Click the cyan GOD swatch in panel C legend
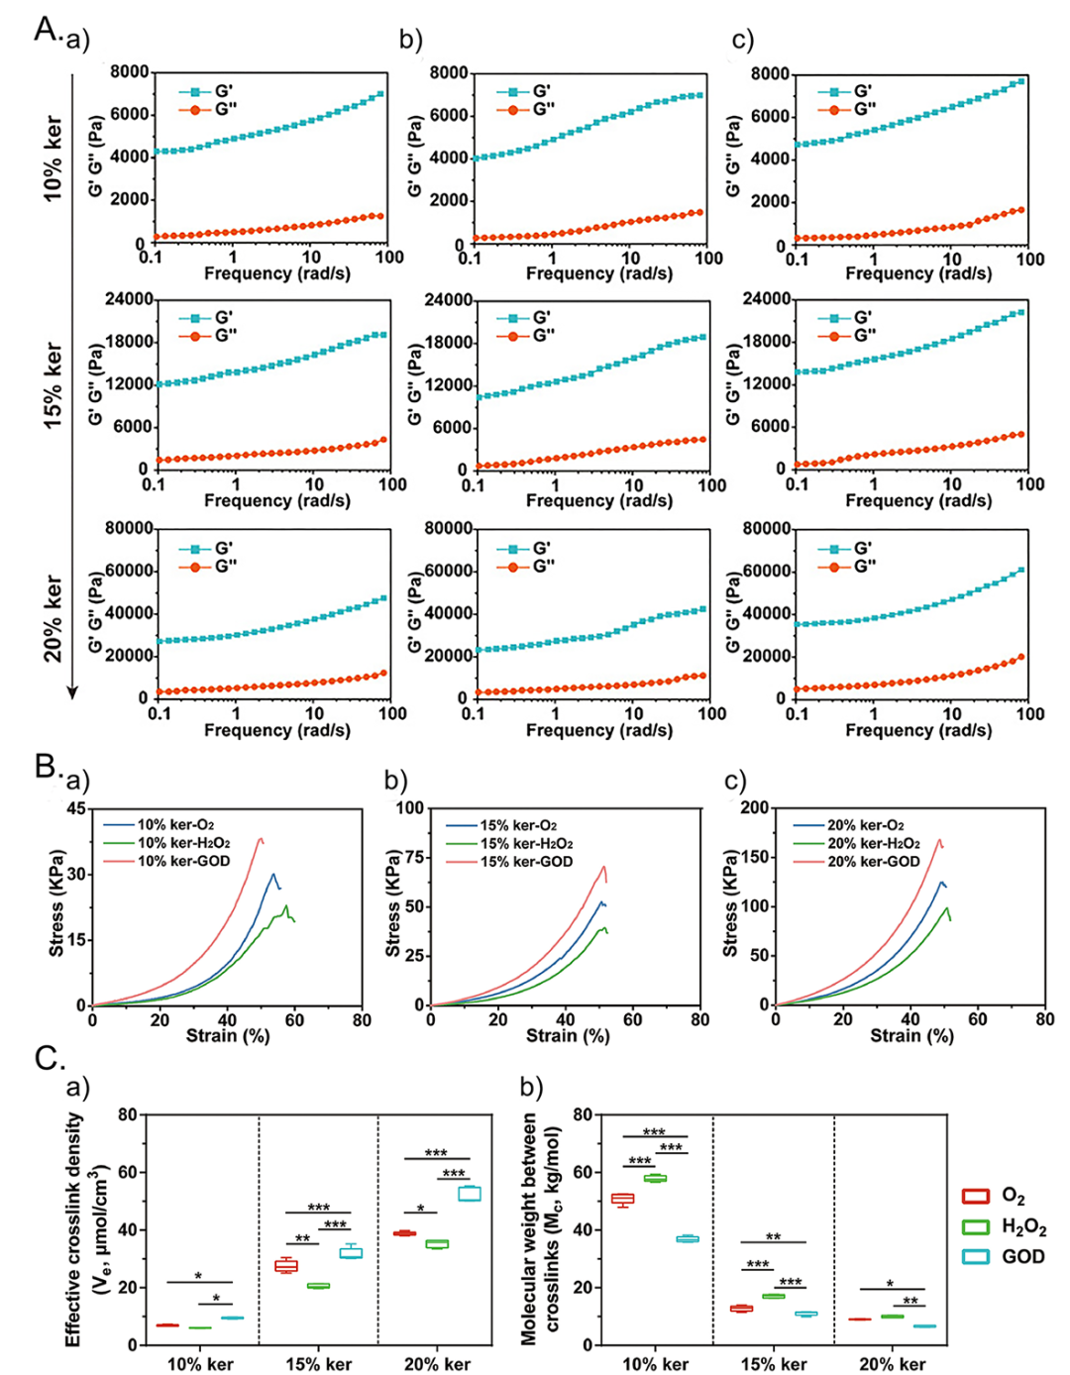coord(976,1256)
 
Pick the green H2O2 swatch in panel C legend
coord(976,1226)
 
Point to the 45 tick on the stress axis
coord(76,808)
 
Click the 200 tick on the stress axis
coord(756,808)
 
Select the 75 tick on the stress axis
coord(414,858)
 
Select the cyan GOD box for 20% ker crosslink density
coord(469,1194)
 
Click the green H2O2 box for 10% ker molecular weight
coord(655,1178)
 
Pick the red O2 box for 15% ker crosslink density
coord(285,1265)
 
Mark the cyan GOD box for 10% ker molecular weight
coord(687,1238)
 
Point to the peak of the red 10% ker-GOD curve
coord(261,839)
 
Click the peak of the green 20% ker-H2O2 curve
coord(946,907)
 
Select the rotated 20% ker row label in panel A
coord(53,619)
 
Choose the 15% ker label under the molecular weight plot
coord(773,1364)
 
